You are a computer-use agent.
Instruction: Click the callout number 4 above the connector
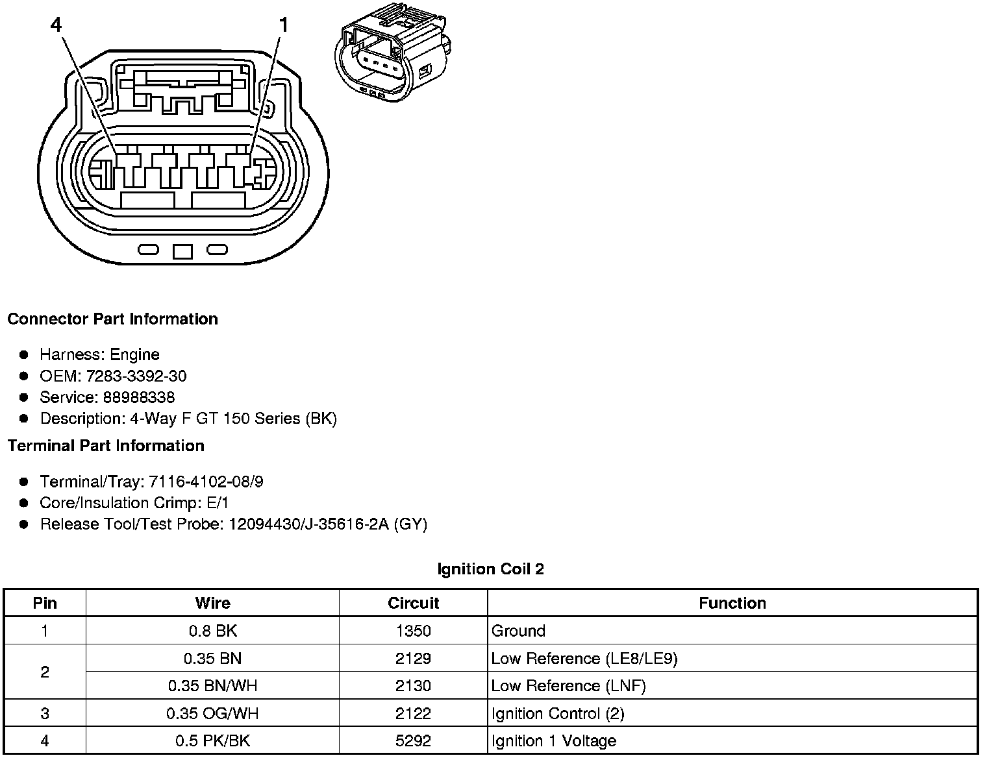click(56, 25)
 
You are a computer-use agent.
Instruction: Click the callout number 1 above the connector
click(283, 25)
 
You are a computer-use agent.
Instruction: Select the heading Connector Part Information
click(112, 319)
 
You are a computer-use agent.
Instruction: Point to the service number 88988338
click(138, 397)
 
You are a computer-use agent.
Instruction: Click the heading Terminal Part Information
click(106, 446)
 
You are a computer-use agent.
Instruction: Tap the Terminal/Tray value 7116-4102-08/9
click(206, 482)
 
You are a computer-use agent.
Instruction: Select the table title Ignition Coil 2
click(490, 569)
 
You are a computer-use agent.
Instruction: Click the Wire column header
click(212, 603)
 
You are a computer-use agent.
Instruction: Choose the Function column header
click(732, 603)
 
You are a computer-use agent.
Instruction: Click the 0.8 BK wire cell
click(212, 631)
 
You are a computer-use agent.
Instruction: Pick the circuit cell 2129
click(413, 659)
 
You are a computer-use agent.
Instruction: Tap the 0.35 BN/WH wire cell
click(212, 686)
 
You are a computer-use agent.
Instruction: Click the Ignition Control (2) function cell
click(557, 714)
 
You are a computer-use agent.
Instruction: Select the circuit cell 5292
click(413, 741)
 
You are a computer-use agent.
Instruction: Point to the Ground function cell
click(518, 631)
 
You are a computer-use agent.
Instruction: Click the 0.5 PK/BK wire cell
click(212, 741)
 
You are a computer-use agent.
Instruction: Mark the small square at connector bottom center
click(182, 251)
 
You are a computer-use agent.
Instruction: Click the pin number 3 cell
click(45, 714)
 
